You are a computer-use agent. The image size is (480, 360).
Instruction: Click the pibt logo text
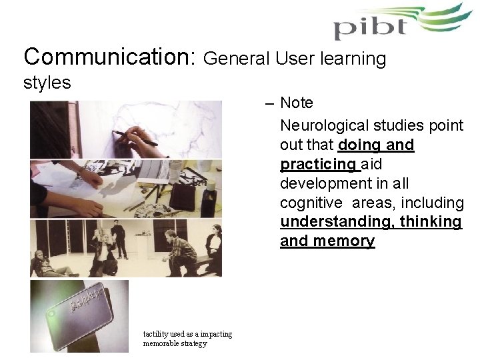370,28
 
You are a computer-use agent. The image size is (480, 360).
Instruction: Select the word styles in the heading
47,83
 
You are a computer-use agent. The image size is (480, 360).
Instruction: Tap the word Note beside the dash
297,103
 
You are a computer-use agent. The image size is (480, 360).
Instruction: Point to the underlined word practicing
319,163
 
